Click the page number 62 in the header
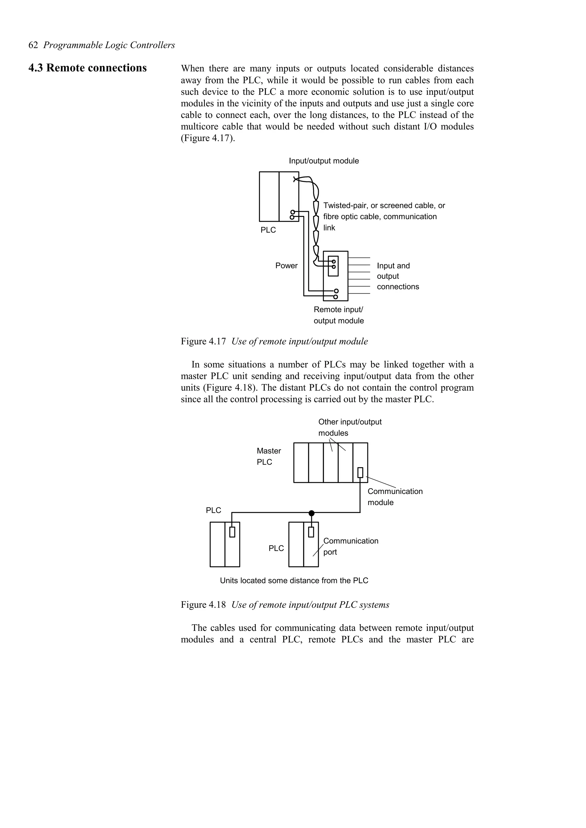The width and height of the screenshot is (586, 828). point(33,45)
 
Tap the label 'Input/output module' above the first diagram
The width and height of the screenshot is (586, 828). point(324,161)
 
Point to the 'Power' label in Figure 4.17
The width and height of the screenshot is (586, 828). point(286,266)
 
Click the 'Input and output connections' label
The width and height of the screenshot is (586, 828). point(397,276)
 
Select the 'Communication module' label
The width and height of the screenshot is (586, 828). point(395,497)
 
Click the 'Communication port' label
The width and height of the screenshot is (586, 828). point(350,546)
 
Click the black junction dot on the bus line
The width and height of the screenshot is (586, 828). point(312,513)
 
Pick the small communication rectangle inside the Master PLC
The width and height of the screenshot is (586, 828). point(360,472)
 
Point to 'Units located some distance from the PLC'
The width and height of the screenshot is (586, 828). point(294,581)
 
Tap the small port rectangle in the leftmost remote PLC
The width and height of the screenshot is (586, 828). point(232,532)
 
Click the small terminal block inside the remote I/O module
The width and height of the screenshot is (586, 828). point(333,266)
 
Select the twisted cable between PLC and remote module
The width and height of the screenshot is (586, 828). point(316,224)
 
